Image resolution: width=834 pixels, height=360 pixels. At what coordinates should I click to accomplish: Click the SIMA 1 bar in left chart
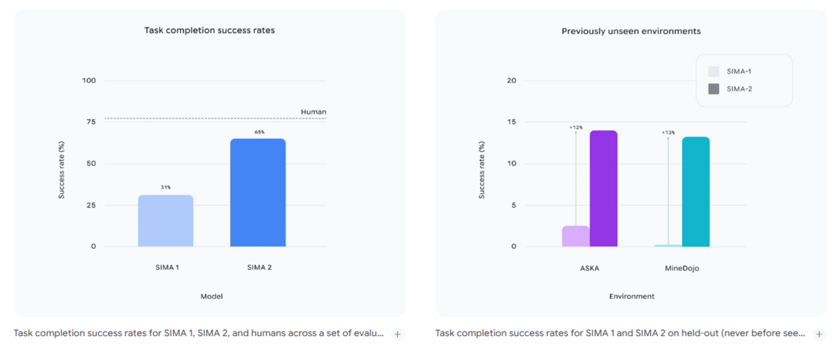click(165, 221)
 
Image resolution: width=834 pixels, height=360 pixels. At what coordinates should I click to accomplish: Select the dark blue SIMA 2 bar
click(257, 193)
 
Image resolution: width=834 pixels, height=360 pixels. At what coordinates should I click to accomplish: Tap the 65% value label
click(258, 132)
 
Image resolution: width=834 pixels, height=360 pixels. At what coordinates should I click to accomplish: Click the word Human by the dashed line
click(313, 112)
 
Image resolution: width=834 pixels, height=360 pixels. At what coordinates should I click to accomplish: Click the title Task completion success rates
click(209, 31)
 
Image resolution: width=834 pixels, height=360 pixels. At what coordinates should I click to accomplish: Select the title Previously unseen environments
click(631, 31)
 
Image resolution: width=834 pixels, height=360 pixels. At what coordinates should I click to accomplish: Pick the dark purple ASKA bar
click(604, 188)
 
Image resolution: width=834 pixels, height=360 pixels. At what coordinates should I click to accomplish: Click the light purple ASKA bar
click(575, 236)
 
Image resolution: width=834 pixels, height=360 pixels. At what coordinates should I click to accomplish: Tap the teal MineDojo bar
click(696, 192)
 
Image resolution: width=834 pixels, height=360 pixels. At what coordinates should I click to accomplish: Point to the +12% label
click(575, 127)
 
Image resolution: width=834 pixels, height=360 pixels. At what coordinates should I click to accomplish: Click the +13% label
click(668, 133)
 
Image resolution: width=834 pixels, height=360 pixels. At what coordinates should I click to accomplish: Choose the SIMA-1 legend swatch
click(713, 71)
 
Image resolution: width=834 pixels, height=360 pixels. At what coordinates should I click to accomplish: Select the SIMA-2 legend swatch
click(713, 89)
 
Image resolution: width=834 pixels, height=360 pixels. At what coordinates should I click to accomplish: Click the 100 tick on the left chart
click(89, 81)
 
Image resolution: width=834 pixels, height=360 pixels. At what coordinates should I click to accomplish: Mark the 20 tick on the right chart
click(511, 81)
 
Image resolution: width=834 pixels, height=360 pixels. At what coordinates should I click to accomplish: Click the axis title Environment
click(631, 296)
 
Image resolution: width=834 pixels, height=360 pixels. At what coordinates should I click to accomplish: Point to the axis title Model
click(212, 296)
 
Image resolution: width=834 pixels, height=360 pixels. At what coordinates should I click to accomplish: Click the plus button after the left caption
click(397, 334)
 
